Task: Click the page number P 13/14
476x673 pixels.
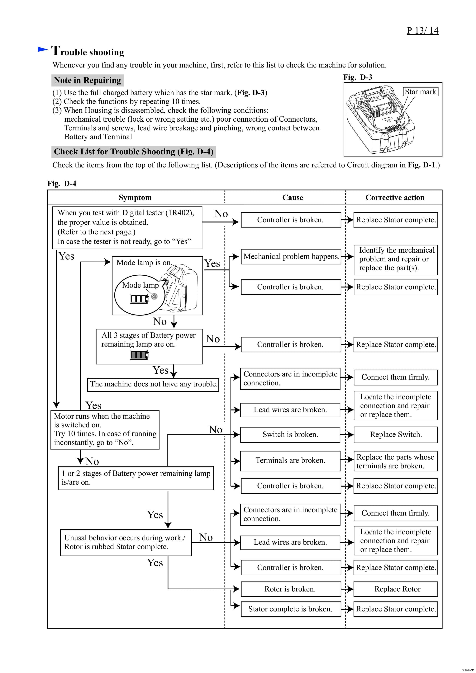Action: [x=422, y=30]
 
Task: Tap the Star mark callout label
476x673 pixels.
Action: [x=420, y=92]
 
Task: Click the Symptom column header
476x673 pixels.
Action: [x=135, y=198]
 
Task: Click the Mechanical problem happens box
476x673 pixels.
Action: [x=291, y=256]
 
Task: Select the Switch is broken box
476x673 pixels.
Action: [x=290, y=434]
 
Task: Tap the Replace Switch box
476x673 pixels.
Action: [x=395, y=434]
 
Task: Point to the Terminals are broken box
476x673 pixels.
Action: [x=290, y=460]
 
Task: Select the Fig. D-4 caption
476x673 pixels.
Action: [x=62, y=184]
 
